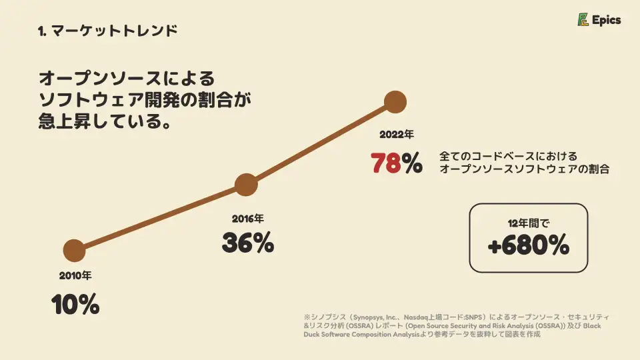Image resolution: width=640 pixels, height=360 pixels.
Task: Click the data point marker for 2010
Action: tap(74, 251)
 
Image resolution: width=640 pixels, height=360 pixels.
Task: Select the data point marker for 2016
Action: tap(246, 185)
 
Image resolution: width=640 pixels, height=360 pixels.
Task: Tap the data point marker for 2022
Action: tap(396, 102)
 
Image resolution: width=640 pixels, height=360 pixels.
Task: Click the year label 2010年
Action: tap(75, 275)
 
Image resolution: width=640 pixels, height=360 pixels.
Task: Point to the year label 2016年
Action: tap(248, 218)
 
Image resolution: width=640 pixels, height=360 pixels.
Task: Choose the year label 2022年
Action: tap(397, 134)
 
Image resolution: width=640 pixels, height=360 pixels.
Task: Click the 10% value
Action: tap(75, 305)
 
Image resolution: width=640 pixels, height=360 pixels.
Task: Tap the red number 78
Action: tap(385, 163)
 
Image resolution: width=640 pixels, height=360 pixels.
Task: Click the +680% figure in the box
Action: tap(529, 246)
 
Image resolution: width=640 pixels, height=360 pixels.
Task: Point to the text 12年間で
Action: tap(529, 223)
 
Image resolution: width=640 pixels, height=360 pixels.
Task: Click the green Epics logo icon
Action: tap(583, 20)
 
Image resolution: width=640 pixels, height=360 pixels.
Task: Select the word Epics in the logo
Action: tap(607, 20)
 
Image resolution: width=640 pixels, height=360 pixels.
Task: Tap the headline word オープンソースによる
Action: tap(127, 78)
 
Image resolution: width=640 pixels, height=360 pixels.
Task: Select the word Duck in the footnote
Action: tap(314, 335)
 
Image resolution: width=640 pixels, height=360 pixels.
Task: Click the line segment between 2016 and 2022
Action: tap(321, 143)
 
